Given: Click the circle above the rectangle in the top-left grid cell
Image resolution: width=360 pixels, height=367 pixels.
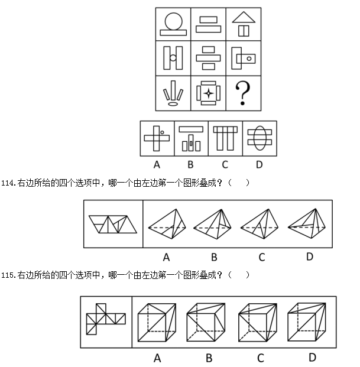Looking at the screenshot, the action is (173, 21).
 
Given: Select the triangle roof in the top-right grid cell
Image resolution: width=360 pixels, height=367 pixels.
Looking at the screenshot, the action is (244, 17).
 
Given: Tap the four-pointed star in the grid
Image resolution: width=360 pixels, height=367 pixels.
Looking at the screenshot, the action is (209, 93).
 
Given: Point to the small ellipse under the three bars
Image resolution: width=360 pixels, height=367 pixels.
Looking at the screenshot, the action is (173, 103).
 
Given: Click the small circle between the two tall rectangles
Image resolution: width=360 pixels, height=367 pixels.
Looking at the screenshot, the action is (173, 57).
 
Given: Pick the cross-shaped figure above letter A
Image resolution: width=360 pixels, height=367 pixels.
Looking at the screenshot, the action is (157, 138).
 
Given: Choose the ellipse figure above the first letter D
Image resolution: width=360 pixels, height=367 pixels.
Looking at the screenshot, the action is (260, 138).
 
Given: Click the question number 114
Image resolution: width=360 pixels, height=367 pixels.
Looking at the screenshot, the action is (8, 183).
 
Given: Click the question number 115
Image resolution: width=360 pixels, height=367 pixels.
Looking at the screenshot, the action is (8, 275).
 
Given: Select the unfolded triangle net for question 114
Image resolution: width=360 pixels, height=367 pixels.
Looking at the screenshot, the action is (113, 224).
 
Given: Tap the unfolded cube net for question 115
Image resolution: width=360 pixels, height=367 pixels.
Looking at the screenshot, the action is (106, 319).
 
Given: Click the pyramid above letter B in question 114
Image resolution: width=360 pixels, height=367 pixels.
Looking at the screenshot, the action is (212, 224).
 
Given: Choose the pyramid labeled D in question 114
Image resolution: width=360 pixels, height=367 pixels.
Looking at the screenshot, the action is (307, 223).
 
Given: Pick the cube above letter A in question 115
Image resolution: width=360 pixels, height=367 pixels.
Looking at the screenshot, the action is (157, 323).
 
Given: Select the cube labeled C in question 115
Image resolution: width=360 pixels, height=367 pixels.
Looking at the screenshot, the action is (258, 323).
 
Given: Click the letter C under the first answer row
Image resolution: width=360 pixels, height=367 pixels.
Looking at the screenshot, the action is (225, 165).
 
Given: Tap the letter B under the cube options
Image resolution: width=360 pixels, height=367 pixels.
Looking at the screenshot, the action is (209, 358).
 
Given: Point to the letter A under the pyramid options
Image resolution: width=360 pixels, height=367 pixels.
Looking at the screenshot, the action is (166, 258).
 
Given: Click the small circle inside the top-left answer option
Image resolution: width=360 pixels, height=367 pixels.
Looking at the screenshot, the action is (162, 132).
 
